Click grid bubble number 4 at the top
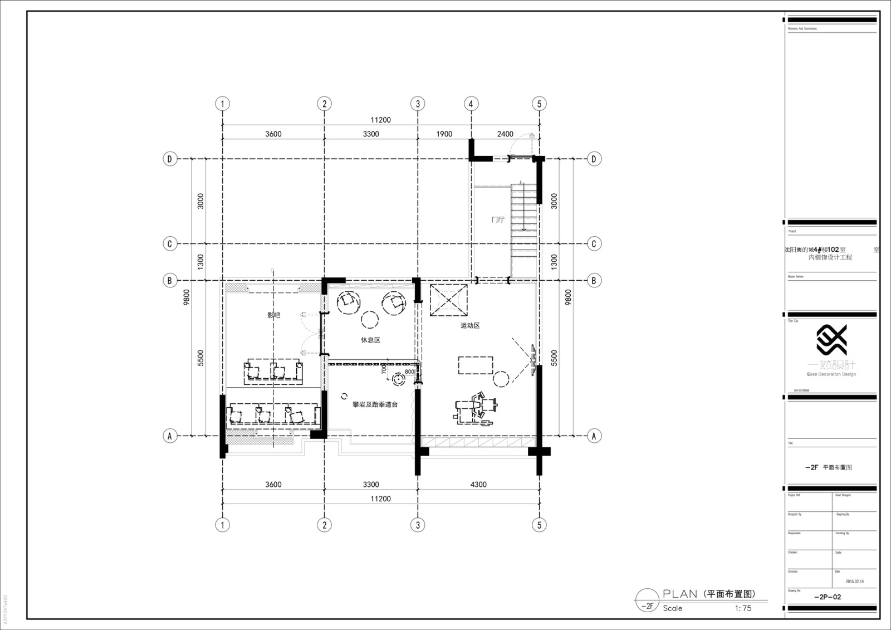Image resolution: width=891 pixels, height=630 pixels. [x=471, y=104]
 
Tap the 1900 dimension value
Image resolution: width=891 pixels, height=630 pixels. [x=444, y=134]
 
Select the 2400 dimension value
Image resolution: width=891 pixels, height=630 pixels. [x=505, y=134]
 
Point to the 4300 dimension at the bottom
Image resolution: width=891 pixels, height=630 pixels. [x=478, y=484]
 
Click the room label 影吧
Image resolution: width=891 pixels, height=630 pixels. [x=273, y=315]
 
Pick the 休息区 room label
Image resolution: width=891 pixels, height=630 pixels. [x=370, y=340]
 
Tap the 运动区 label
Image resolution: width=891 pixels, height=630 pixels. [x=470, y=325]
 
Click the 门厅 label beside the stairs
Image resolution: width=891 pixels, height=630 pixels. [x=497, y=219]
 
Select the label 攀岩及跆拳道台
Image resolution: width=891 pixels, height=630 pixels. [x=375, y=404]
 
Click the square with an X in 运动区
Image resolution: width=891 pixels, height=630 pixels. [x=448, y=301]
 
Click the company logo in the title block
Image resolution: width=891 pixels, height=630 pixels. [x=831, y=340]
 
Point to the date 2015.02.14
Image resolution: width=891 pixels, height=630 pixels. [x=854, y=581]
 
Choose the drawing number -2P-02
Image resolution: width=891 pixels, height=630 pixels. [x=828, y=597]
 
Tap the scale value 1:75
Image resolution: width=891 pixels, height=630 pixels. [x=743, y=608]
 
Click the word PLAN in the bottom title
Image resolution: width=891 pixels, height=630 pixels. [x=680, y=594]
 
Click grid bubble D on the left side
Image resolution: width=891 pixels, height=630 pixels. [x=170, y=159]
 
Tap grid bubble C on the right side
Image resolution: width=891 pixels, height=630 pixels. [x=594, y=243]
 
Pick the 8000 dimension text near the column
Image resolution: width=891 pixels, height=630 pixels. [x=410, y=372]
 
